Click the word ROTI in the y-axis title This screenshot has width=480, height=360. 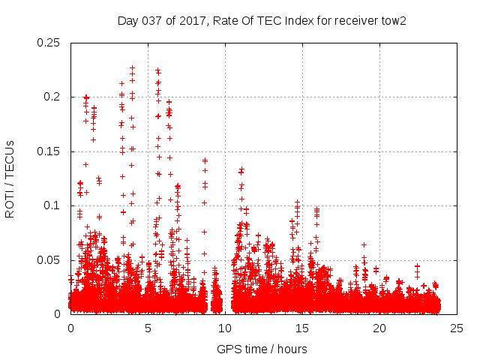coord(10,202)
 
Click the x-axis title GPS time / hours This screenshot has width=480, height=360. coord(262,349)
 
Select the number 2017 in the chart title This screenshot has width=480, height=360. coord(193,19)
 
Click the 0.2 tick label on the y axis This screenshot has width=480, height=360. coord(52,97)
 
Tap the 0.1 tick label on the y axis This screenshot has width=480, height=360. coord(52,205)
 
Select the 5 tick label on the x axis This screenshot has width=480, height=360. coord(148,328)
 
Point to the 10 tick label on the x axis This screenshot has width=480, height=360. coord(225,328)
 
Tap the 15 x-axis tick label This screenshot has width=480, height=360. coord(302,328)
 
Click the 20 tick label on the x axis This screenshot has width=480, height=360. coord(379,328)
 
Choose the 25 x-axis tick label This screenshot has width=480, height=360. coord(457,328)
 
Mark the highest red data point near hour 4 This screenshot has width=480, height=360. coord(133,67)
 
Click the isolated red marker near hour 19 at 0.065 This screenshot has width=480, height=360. coord(364,244)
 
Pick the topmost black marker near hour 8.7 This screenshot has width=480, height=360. coord(205,160)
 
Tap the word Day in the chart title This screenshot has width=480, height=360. coord(127,19)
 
